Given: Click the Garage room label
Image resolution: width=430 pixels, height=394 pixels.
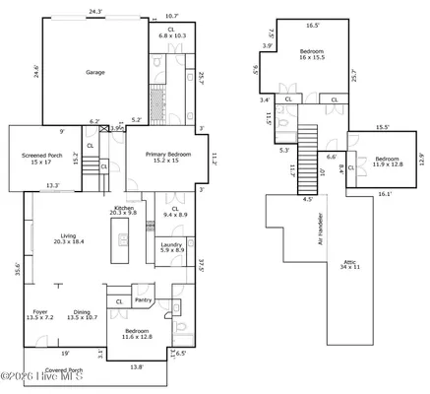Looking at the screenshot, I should coord(95,72).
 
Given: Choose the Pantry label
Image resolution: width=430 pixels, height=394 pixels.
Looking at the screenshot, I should coord(142,300).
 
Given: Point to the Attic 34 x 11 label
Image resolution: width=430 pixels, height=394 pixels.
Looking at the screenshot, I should coord(350,265).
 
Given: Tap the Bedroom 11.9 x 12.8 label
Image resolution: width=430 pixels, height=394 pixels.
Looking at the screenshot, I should coord(387,162).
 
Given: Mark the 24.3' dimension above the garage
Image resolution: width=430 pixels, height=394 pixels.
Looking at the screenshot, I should coord(94,11).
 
